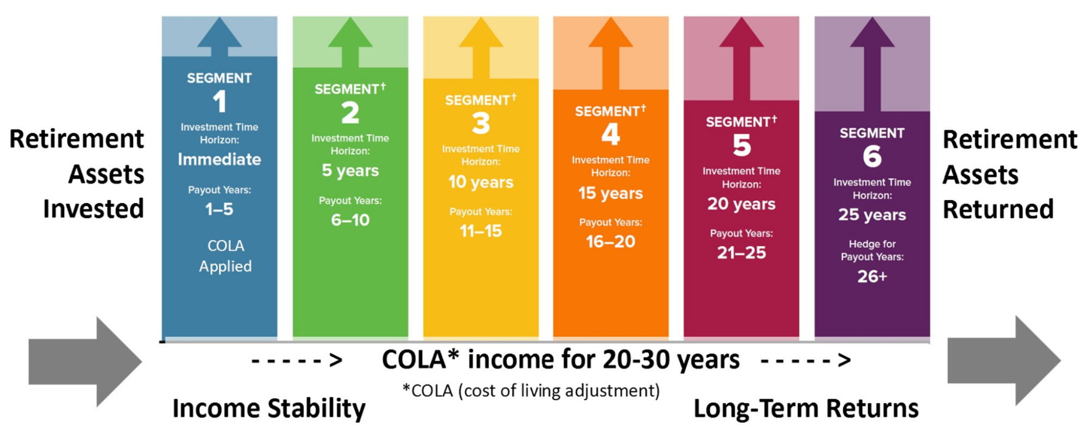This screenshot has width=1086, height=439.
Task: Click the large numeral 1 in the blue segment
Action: (x=219, y=102)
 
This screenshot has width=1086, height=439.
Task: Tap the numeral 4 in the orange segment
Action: (x=611, y=134)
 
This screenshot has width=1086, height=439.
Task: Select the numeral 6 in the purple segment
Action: (x=872, y=156)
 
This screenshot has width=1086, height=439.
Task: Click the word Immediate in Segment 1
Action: (x=219, y=159)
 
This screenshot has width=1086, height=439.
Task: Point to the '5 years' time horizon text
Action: (x=350, y=171)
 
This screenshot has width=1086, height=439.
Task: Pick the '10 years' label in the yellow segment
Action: (x=481, y=182)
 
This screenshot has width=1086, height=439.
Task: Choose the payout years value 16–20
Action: (x=611, y=242)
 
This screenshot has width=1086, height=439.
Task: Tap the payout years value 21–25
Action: (x=742, y=253)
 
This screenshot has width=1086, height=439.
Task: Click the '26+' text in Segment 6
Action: (x=872, y=277)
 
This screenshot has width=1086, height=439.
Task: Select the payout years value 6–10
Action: (x=350, y=220)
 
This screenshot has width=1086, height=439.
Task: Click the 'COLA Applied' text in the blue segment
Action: (x=225, y=256)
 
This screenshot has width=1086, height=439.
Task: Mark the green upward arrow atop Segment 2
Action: (x=350, y=41)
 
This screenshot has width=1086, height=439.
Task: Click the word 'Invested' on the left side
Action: (x=93, y=209)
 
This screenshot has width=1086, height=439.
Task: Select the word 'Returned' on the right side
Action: (x=998, y=209)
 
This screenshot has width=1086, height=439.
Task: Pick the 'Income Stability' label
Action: (x=269, y=409)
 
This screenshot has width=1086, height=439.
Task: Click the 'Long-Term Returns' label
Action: (x=806, y=409)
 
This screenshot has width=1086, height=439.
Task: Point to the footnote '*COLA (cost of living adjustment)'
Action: (x=531, y=391)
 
